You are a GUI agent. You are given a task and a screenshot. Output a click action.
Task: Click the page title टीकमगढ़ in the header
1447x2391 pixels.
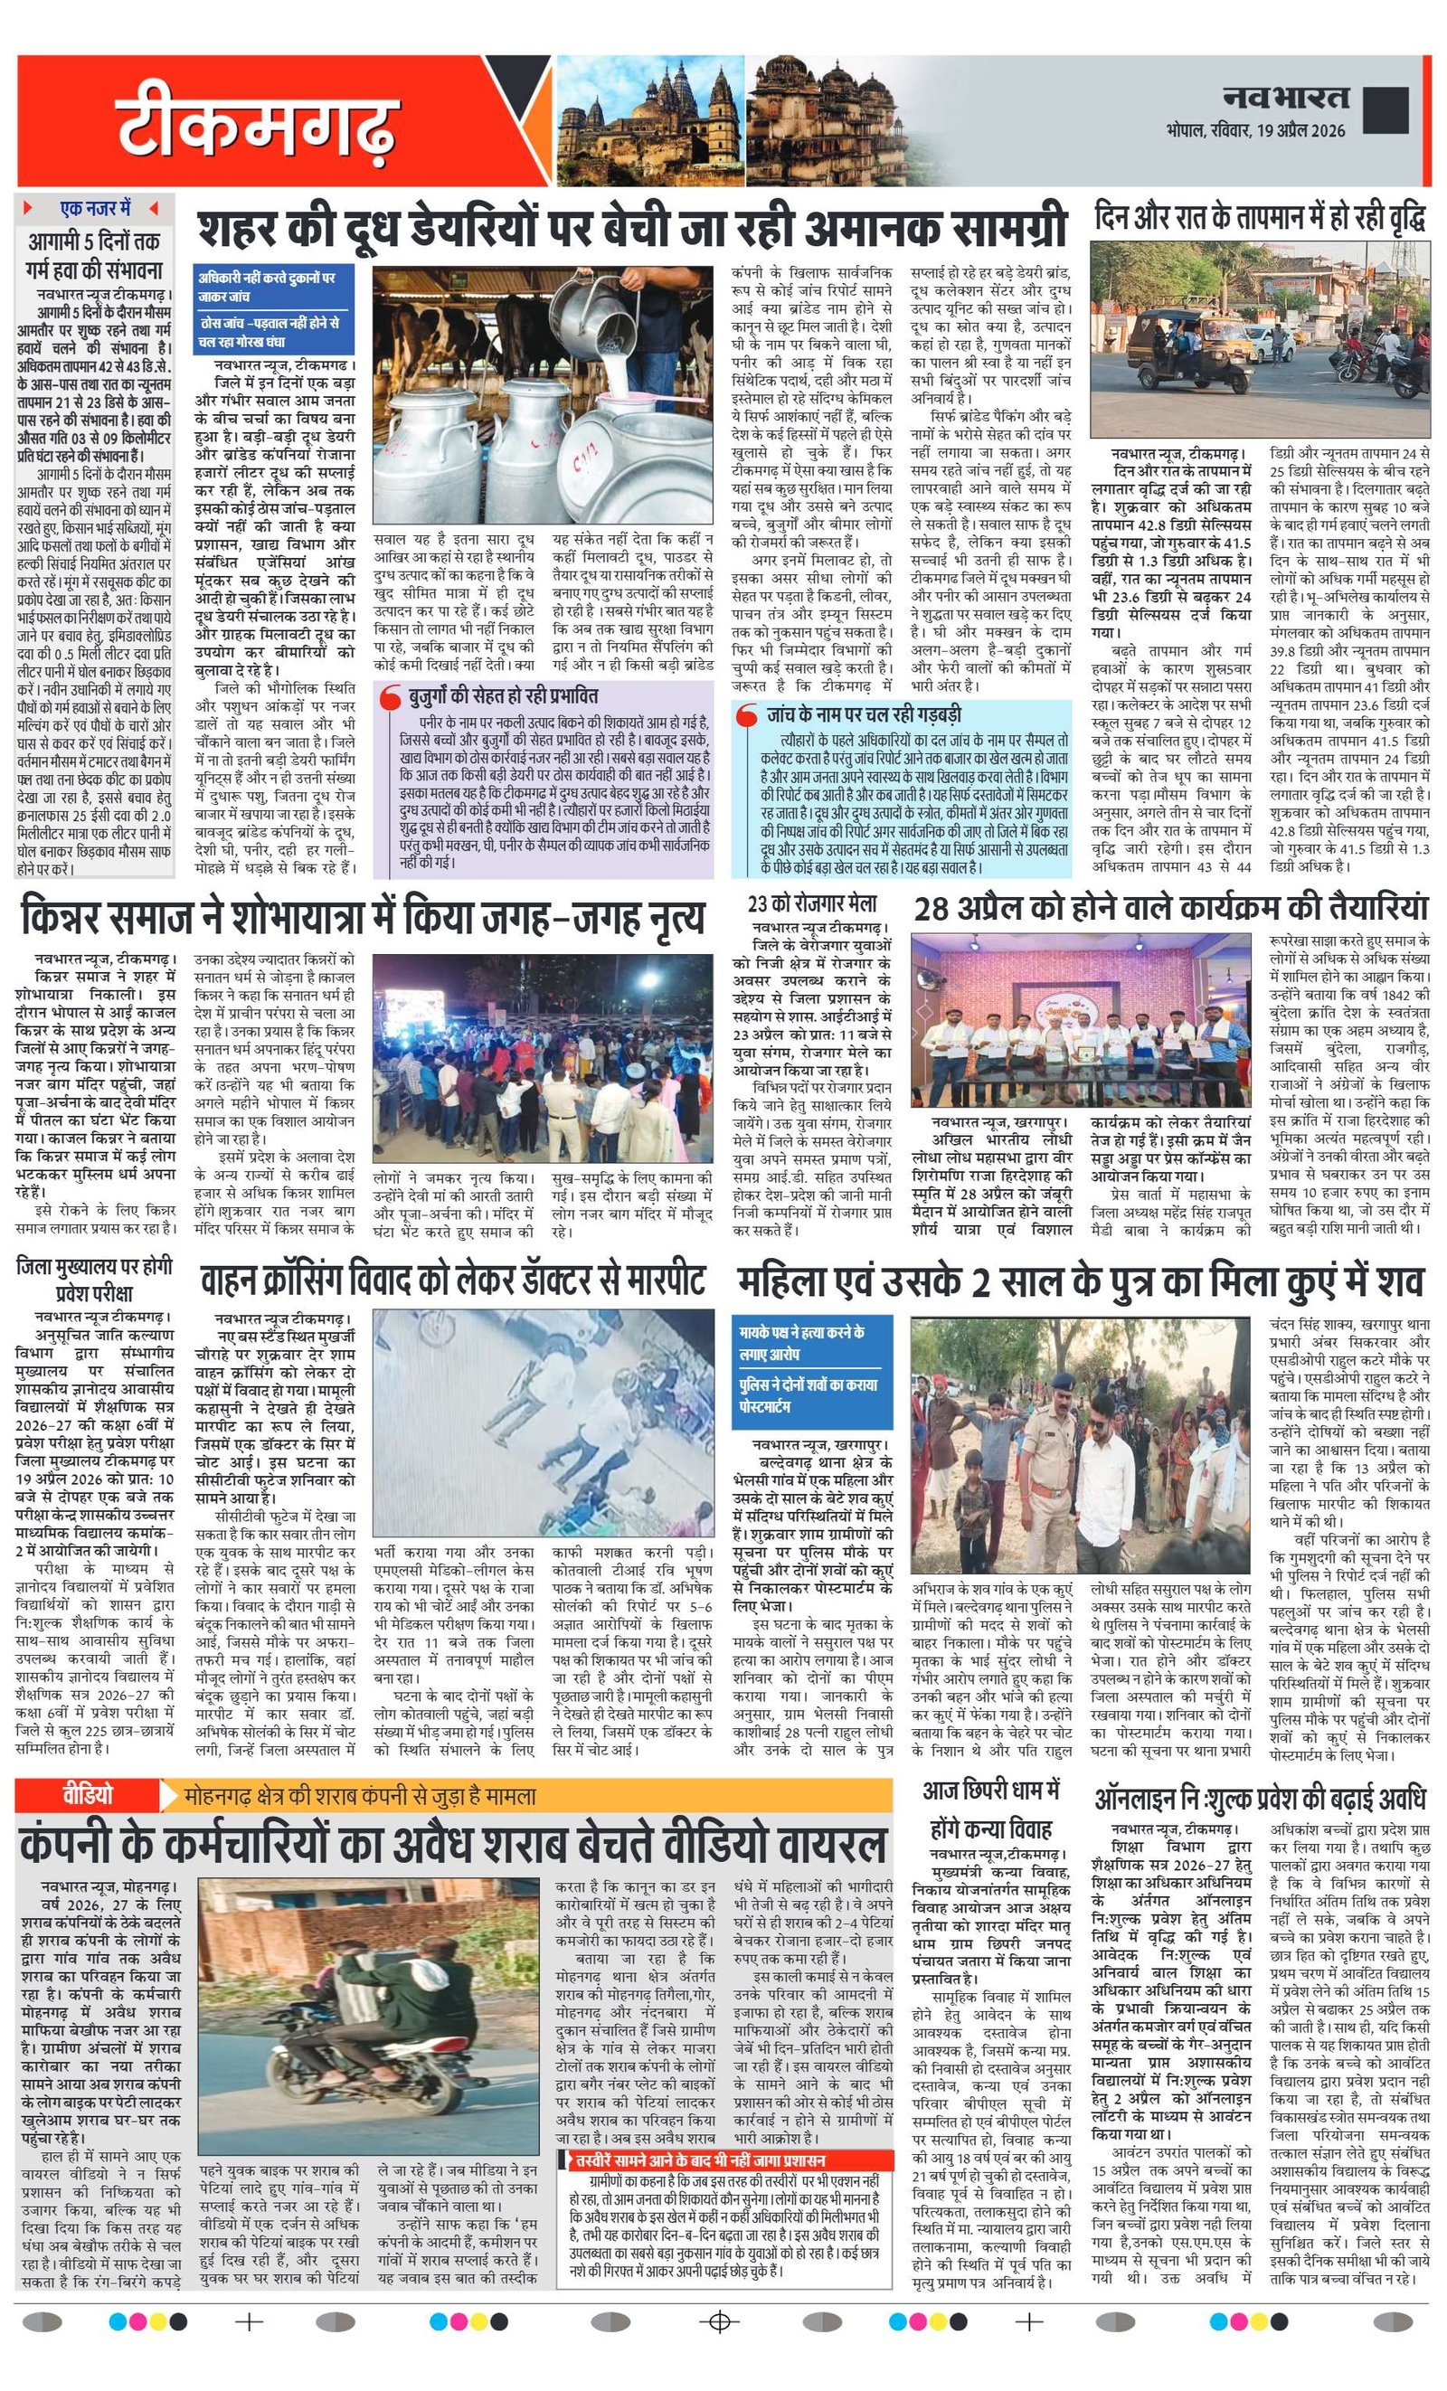coord(257,123)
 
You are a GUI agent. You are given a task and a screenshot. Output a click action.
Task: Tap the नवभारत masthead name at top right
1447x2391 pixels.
coord(1285,97)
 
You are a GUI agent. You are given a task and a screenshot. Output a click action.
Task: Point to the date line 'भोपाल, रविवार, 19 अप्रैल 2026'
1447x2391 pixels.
coord(1257,130)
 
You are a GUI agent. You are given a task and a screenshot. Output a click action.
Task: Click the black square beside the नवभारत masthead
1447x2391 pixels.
coord(1385,109)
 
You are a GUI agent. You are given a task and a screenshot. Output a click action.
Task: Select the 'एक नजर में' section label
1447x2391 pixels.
coord(94,209)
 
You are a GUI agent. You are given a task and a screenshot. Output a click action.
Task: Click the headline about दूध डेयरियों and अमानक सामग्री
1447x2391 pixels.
coord(632,229)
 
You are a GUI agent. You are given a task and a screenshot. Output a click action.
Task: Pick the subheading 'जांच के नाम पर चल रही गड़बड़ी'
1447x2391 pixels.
coord(863,714)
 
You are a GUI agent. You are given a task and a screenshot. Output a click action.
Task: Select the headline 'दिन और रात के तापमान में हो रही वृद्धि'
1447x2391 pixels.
coord(1260,217)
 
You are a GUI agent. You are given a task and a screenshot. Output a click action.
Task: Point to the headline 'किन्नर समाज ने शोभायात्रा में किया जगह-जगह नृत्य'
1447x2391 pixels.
coord(362,918)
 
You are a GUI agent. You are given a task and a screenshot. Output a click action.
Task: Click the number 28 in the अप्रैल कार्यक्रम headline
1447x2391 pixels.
coord(931,908)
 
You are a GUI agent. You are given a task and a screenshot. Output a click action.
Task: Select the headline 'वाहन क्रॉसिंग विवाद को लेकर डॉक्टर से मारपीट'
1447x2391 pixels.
coord(452,1282)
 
